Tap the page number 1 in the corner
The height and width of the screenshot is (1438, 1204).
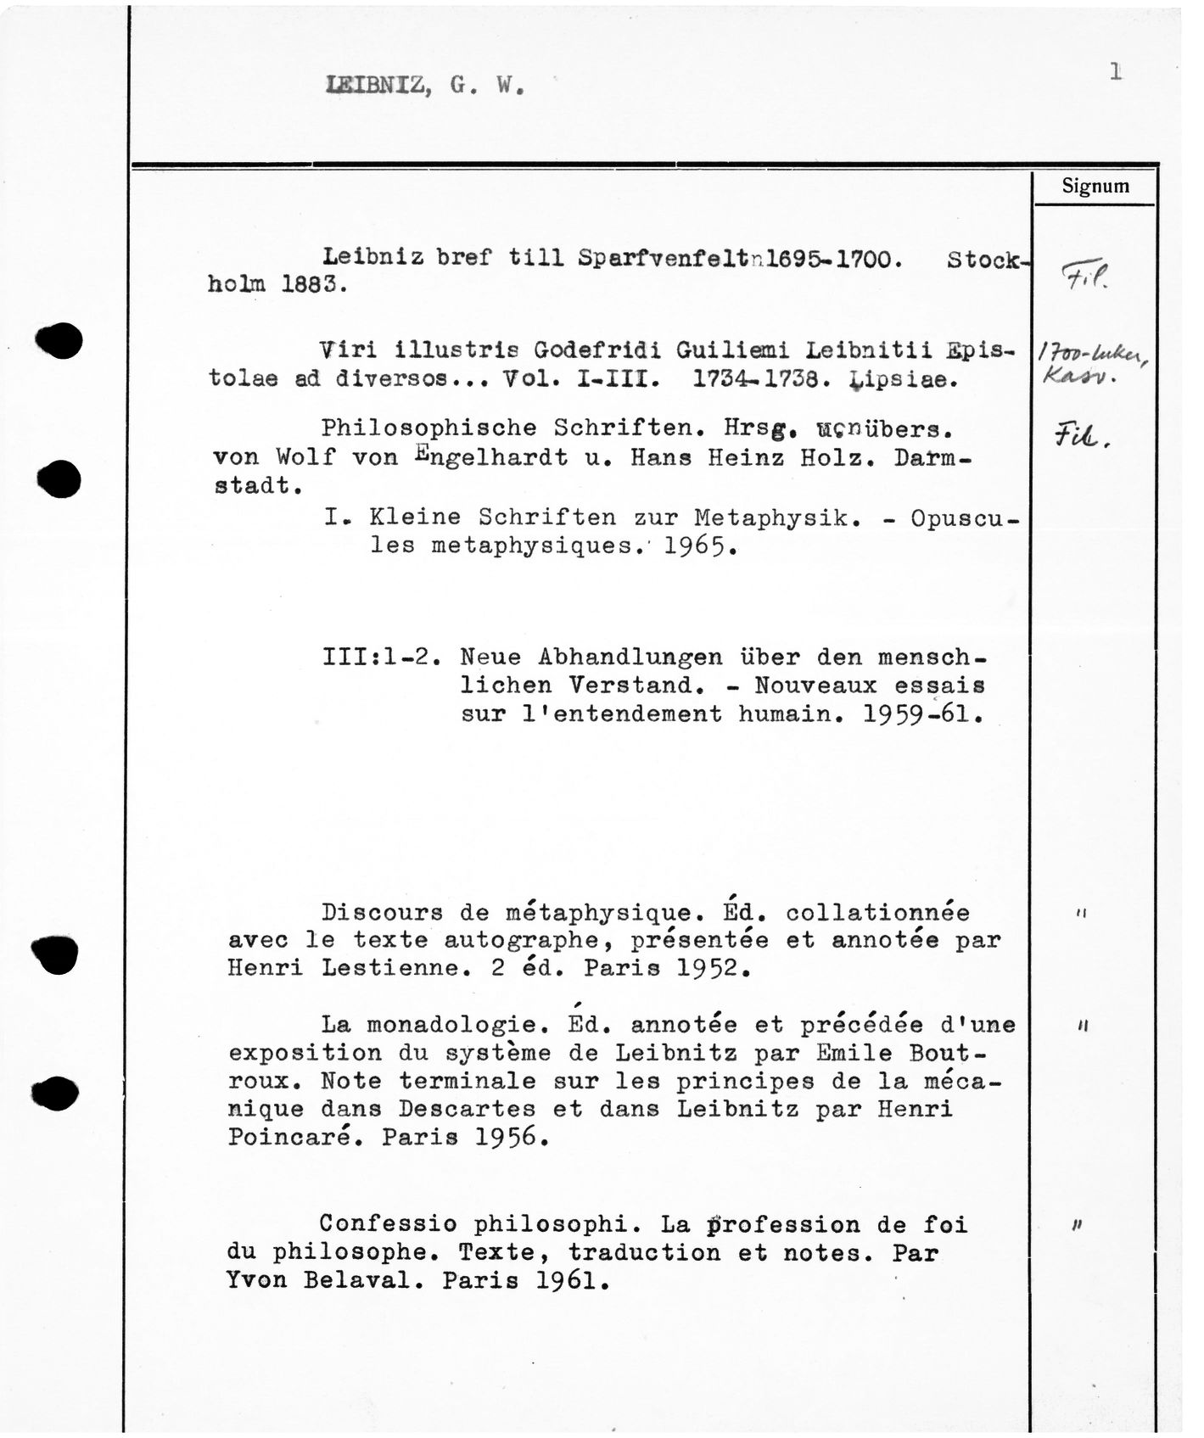point(1116,73)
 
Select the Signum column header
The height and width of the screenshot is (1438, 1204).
point(1095,187)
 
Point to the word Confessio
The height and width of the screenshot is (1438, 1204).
point(389,1224)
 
